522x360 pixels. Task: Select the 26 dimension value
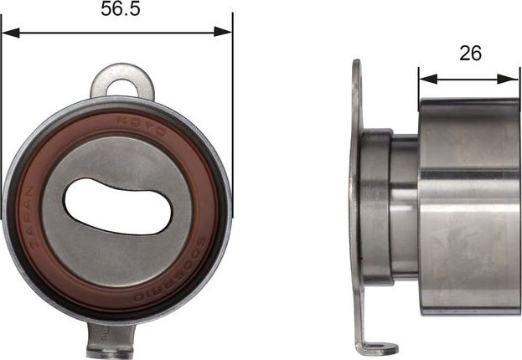coord(470,54)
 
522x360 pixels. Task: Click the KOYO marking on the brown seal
coord(155,123)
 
